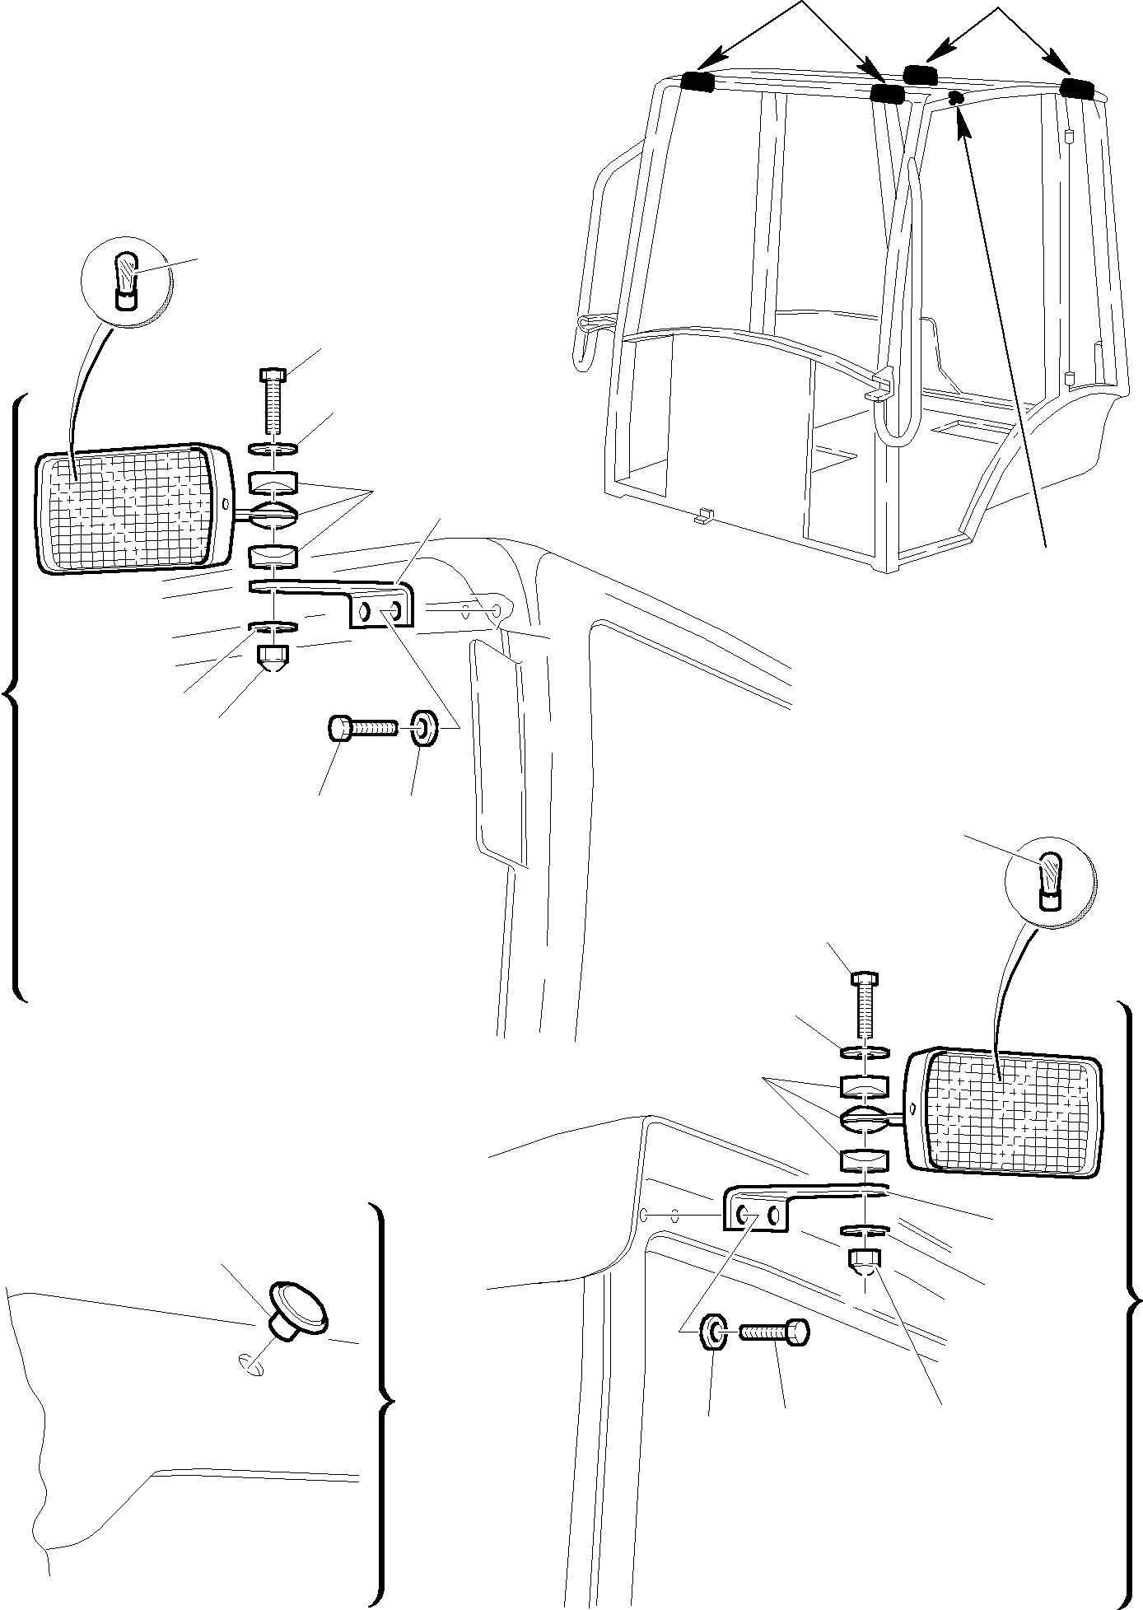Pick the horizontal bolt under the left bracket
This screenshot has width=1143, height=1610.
(x=362, y=728)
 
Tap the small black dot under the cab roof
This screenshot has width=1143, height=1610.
(x=955, y=98)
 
